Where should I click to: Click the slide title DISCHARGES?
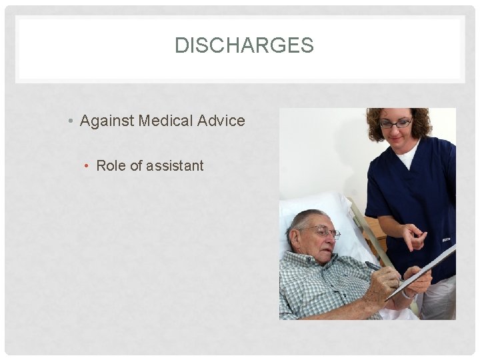point(243,45)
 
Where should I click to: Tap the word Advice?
point(222,121)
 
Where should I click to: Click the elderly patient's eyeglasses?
point(325,232)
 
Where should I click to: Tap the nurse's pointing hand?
point(414,236)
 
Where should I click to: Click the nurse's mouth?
point(398,139)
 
